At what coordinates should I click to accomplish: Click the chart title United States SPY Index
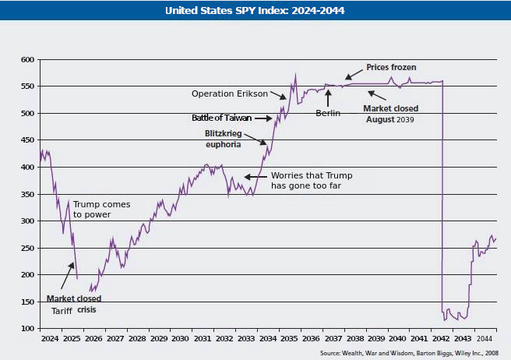(255, 11)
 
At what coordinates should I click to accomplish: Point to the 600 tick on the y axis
(28, 59)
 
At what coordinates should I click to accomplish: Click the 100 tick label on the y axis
(28, 329)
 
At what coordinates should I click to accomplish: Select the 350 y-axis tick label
(28, 194)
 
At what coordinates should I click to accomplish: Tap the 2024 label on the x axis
(50, 340)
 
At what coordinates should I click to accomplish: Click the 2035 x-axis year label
(288, 340)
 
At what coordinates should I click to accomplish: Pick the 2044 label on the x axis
(484, 340)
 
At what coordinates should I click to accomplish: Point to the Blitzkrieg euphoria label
(223, 139)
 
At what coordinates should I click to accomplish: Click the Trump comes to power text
(101, 209)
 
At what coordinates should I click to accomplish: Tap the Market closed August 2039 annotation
(390, 114)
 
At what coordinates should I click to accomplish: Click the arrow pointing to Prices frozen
(354, 74)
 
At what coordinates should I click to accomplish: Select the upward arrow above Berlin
(328, 97)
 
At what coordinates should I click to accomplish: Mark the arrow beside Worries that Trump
(255, 176)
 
